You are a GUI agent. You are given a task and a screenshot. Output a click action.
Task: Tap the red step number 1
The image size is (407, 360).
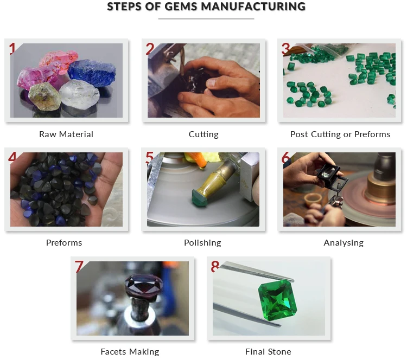13,49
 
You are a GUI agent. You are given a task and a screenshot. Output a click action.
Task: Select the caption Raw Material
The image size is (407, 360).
66,134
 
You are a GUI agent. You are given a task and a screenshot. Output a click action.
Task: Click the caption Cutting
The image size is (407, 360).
203,134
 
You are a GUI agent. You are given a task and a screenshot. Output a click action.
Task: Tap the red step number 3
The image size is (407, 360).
285,49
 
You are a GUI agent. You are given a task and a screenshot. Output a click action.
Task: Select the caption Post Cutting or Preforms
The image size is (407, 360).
340,134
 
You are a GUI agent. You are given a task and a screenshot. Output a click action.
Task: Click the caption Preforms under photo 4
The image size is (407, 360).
64,242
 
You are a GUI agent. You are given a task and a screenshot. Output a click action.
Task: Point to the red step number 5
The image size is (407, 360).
150,158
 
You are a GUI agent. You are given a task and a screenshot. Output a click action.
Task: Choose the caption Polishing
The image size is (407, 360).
202,242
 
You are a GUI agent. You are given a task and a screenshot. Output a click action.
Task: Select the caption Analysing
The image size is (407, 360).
344,242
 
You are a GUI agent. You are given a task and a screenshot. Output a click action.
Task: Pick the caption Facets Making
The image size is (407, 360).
130,351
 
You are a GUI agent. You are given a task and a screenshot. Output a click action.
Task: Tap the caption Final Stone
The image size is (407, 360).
268,351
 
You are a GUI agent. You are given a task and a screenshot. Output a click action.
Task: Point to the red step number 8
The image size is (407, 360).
215,267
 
